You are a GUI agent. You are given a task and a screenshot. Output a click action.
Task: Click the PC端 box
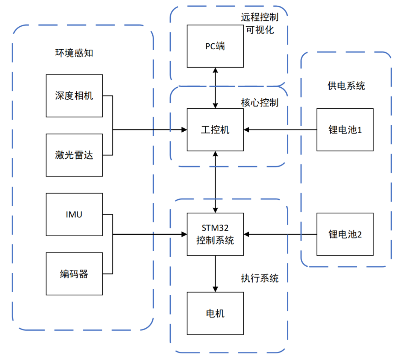215,46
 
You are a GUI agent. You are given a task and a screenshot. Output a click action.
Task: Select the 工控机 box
215,130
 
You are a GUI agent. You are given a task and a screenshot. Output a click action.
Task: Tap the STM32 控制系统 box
215,234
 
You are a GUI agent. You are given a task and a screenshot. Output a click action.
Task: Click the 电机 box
215,313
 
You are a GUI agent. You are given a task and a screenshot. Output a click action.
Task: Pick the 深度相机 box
74,96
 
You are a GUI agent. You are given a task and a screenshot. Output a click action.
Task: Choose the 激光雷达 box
74,155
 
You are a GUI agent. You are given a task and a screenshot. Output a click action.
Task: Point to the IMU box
74,214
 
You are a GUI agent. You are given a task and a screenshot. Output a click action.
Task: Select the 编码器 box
74,273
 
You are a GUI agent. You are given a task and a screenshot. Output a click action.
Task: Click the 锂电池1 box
345,130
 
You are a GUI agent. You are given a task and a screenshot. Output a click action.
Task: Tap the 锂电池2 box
345,234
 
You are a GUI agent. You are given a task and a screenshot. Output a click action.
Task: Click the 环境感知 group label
74,53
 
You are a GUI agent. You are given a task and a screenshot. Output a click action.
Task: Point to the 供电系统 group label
346,86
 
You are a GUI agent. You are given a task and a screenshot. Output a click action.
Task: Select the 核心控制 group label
260,102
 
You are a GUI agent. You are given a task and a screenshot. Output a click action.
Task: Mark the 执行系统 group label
260,278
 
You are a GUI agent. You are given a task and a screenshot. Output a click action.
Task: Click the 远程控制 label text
260,17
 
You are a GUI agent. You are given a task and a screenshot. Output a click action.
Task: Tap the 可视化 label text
260,30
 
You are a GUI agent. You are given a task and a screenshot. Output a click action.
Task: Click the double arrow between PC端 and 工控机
215,88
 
